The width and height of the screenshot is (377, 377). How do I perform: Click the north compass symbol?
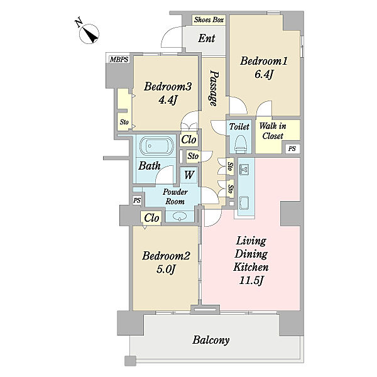point(89,34)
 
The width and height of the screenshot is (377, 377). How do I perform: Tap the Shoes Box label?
point(209,19)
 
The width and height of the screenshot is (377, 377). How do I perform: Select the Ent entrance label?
point(207,38)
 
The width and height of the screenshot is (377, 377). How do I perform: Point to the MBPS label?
point(119,60)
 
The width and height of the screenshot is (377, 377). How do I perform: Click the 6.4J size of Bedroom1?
point(264,75)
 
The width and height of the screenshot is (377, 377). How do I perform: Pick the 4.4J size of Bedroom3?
point(168,99)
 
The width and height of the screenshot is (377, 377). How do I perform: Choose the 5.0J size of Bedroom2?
point(166,270)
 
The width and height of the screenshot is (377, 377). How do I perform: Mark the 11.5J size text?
point(251,281)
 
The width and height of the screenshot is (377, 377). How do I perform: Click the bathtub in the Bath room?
point(156,146)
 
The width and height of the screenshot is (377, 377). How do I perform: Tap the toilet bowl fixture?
point(239,143)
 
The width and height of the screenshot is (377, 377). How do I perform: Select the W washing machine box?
point(189,175)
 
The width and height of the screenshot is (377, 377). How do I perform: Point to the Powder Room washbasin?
point(180,216)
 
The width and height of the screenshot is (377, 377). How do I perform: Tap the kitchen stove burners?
point(244,170)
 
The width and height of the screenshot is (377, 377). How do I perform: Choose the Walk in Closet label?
point(273,131)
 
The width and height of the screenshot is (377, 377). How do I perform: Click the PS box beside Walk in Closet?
point(292,148)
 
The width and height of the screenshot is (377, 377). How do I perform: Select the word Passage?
point(214,88)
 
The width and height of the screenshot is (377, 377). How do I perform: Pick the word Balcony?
point(211,340)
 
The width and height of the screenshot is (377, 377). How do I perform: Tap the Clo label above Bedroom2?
point(151,218)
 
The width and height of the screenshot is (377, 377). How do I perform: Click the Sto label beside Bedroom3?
point(124,122)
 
